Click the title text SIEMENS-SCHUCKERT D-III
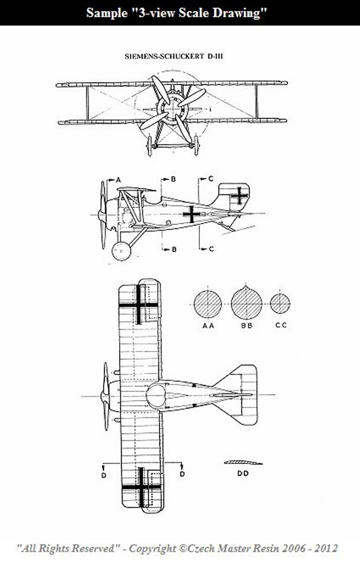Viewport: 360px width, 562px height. [x=174, y=57]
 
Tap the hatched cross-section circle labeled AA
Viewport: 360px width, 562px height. [x=208, y=304]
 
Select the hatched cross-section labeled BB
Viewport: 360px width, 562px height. [x=246, y=303]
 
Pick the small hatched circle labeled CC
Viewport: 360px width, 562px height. [x=280, y=304]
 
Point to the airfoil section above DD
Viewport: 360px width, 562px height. [x=243, y=462]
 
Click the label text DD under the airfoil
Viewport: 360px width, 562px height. [x=243, y=473]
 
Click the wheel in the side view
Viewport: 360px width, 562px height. [x=121, y=251]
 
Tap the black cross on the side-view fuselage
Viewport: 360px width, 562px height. [x=192, y=214]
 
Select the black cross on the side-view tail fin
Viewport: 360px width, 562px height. [x=239, y=196]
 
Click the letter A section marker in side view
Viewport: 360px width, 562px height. [x=118, y=180]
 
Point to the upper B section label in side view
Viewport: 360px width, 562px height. [x=173, y=179]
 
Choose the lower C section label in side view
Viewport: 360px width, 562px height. [x=211, y=249]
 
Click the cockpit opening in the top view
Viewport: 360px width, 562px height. [x=156, y=396]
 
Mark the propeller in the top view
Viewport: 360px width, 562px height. [x=106, y=396]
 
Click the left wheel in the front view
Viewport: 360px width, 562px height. [x=150, y=145]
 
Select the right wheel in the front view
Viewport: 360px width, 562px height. [x=196, y=145]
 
